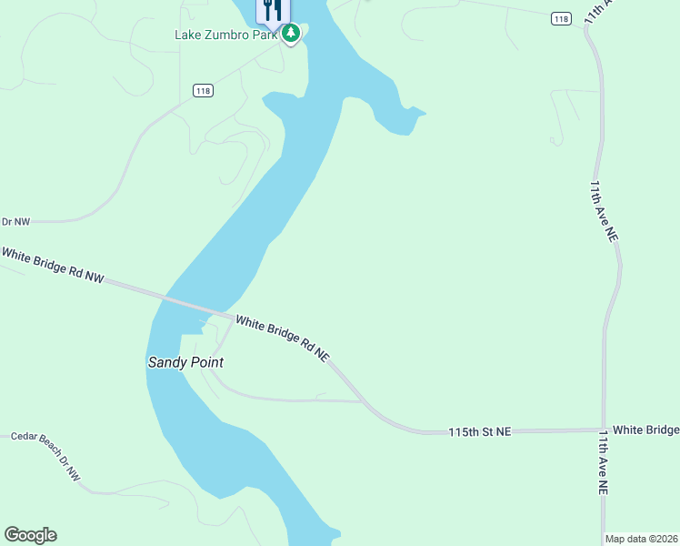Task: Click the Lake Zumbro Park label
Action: pos(226,35)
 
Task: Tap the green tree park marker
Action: pos(291,35)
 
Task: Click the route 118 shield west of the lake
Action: pos(203,90)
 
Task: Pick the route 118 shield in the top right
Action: pos(561,18)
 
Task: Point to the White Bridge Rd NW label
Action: pos(53,265)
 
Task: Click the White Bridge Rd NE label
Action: pos(282,338)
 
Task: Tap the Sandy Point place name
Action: pos(185,362)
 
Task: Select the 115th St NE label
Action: pos(480,430)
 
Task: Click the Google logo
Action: pos(30,535)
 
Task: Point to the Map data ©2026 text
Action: pos(641,539)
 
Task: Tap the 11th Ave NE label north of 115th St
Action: pos(604,210)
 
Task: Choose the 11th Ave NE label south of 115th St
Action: pos(603,463)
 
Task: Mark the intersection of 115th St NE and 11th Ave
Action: pos(603,430)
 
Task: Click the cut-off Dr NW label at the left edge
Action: pos(15,221)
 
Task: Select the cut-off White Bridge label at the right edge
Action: pos(645,430)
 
